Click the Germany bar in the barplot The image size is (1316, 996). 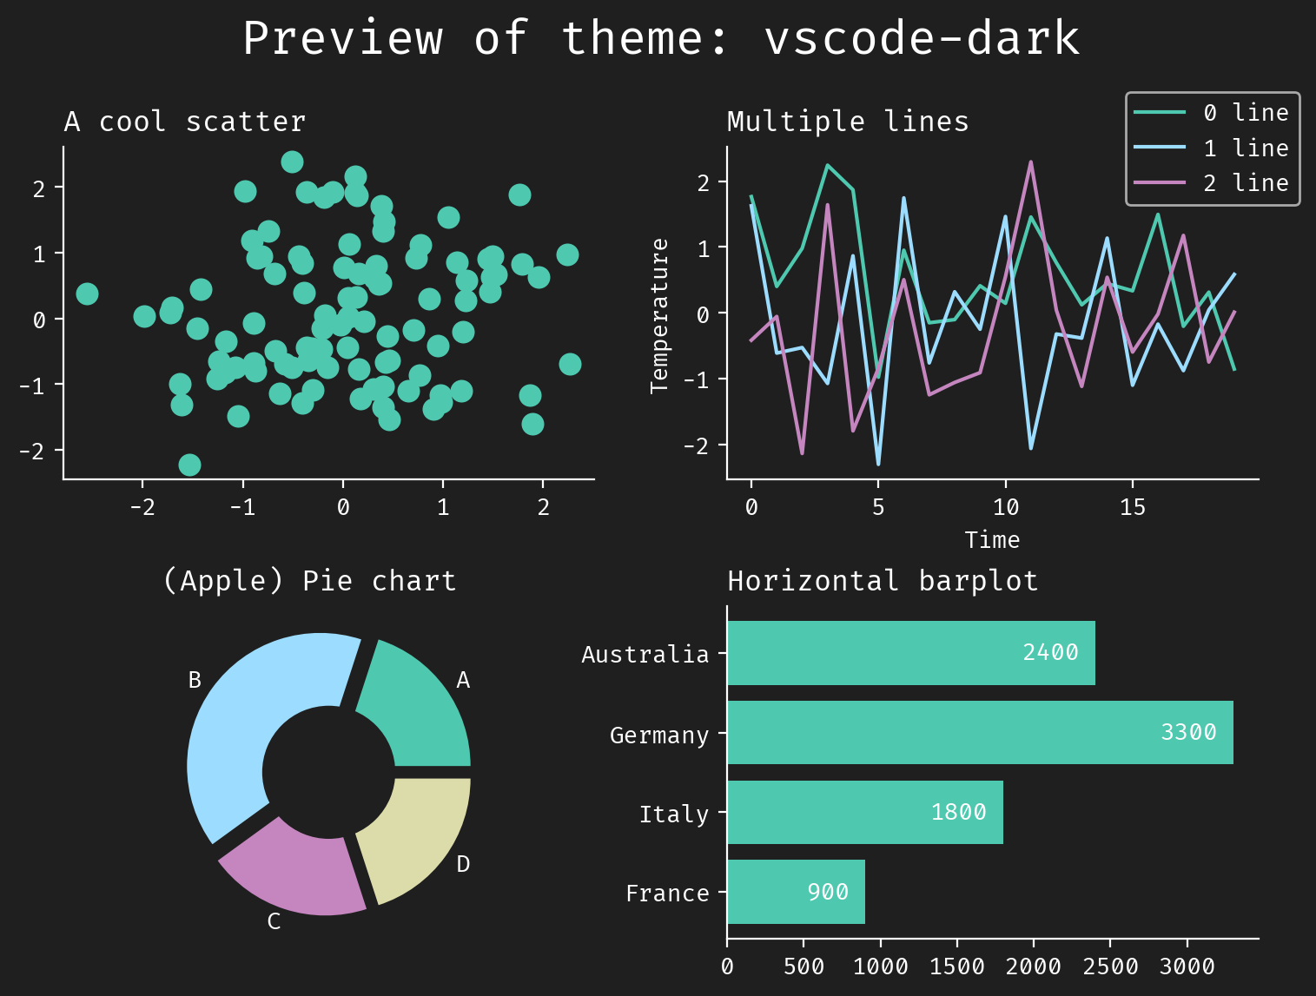[980, 732]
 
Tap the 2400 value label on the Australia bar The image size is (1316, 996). [1050, 652]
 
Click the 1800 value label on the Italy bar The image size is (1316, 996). [958, 812]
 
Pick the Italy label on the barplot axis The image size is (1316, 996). [673, 815]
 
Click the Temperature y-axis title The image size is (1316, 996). [659, 316]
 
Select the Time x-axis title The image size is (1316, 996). [992, 540]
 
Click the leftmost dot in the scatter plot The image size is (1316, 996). [87, 294]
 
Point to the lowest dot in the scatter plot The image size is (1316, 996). [189, 465]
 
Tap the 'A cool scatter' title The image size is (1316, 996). [185, 122]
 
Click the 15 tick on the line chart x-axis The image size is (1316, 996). [1133, 508]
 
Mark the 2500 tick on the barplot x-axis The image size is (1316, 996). [1110, 967]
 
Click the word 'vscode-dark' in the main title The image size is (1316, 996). [922, 39]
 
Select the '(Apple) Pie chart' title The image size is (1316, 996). [309, 581]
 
